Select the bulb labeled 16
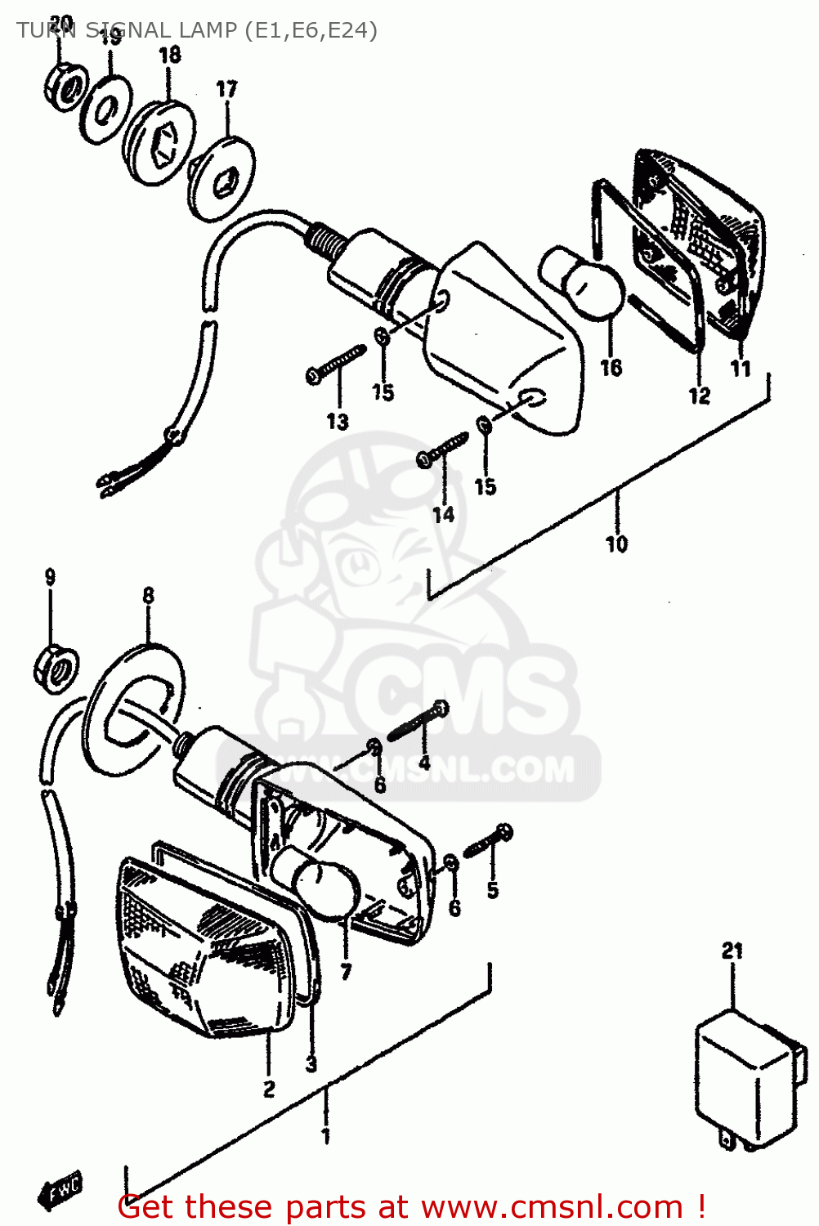(582, 285)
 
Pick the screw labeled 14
(442, 450)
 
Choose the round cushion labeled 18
(160, 142)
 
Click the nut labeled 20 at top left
(65, 87)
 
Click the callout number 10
(616, 544)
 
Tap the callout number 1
(325, 1135)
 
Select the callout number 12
(699, 396)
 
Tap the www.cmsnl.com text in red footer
(552, 1207)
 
